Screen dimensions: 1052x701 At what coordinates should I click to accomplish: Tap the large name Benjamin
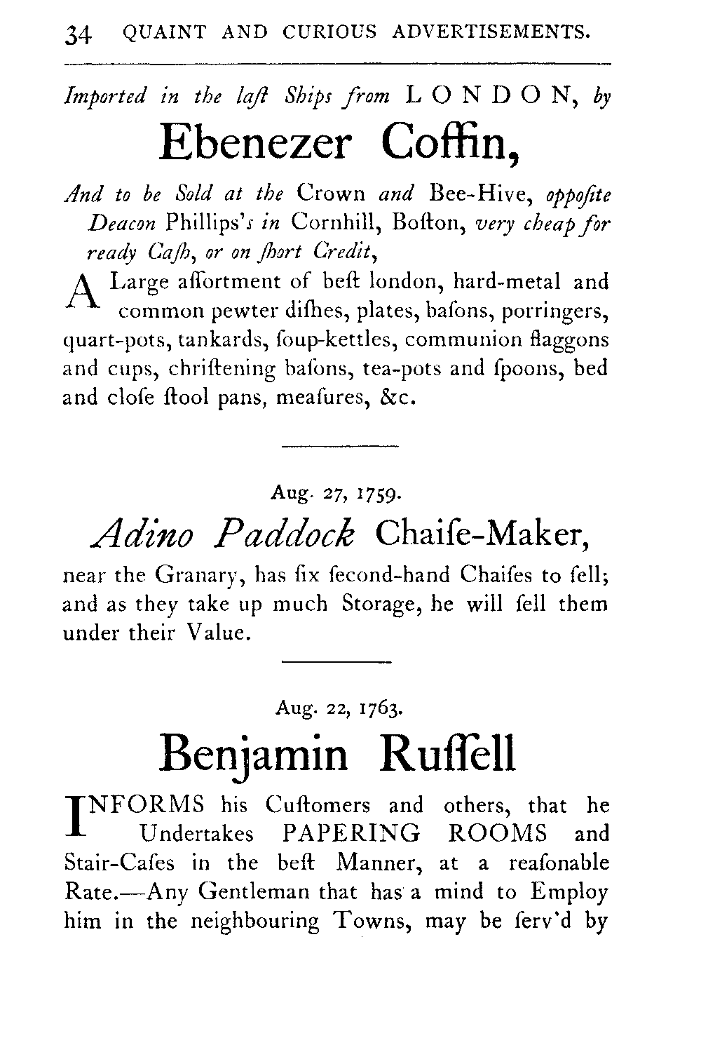254,755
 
